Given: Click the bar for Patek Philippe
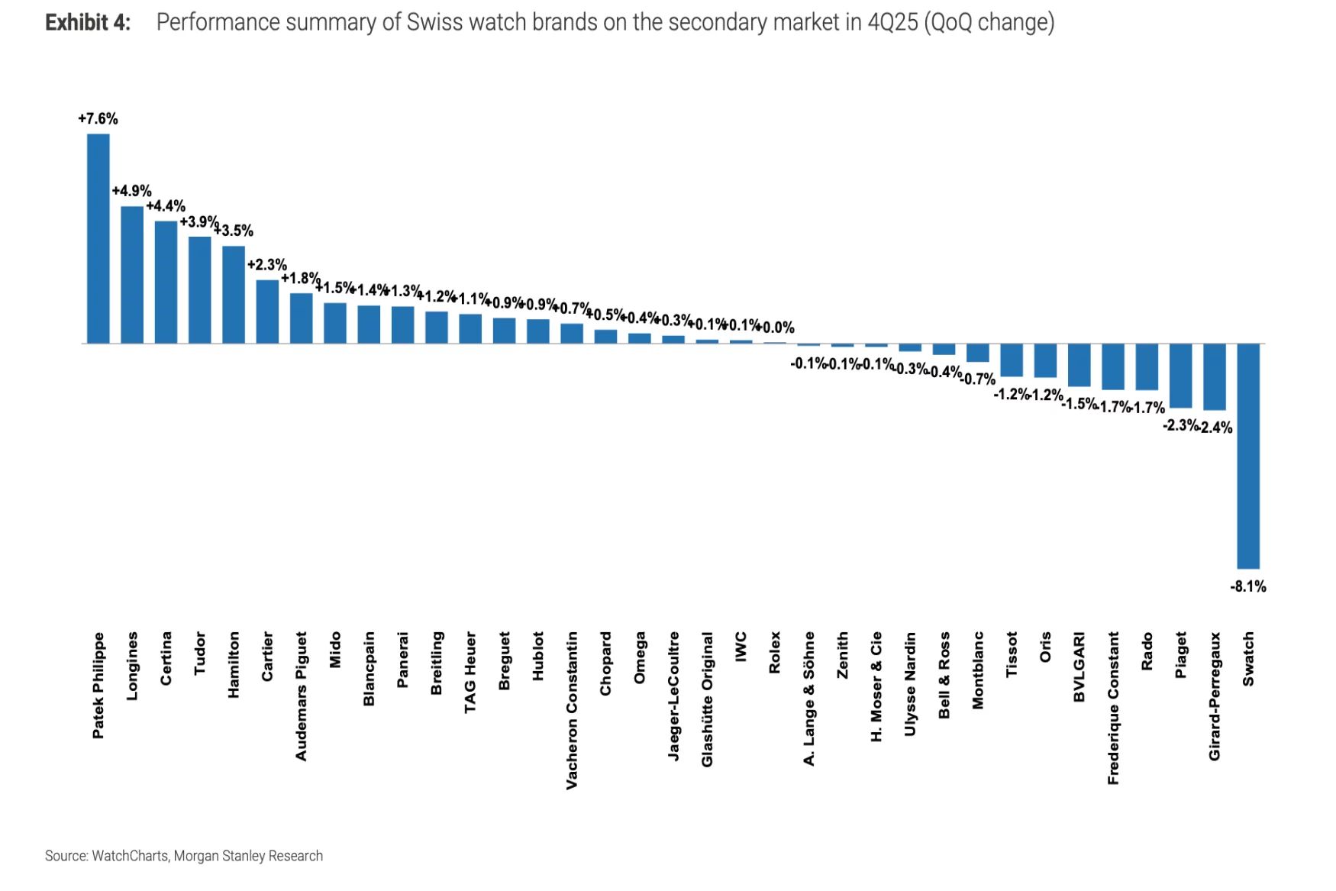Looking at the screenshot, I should point(98,238).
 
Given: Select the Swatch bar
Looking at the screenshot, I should point(1248,456).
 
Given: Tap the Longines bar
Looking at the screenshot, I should point(131,275).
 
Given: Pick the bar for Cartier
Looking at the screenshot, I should point(267,312).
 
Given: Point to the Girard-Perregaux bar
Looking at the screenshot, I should point(1214,377).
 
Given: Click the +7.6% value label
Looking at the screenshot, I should point(98,119).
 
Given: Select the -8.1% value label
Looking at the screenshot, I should point(1248,586).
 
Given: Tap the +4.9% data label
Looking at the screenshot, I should point(131,191).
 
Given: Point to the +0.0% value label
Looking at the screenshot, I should point(776,328).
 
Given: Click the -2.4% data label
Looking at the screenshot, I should point(1216,428).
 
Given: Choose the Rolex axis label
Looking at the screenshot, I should point(775,652).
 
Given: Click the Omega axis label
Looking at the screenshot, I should point(640,657).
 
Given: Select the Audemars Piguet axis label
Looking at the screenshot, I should point(301,696).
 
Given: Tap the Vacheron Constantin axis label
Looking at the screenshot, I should point(572,710).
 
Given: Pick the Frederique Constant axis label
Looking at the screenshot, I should point(1113,708).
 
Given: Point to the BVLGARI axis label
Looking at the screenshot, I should point(1079,667).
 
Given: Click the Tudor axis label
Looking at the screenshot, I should point(200,653).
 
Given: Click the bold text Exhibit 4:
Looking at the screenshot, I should point(88,23).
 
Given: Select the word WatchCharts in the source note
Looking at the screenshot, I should point(130,856).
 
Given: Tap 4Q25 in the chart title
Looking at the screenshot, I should point(892,23).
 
